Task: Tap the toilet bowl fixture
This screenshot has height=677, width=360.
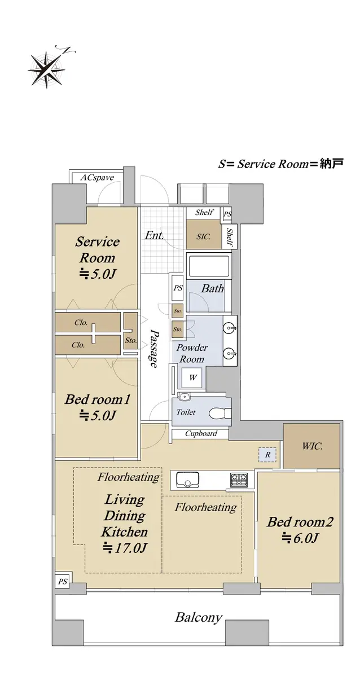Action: click(x=220, y=413)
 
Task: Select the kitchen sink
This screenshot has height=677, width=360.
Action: click(x=188, y=480)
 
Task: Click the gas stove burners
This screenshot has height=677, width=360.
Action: click(x=239, y=480)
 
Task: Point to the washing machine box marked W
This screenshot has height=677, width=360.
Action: click(x=192, y=377)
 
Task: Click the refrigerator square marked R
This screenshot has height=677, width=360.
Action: click(x=267, y=455)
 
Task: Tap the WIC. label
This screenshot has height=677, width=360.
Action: click(x=312, y=446)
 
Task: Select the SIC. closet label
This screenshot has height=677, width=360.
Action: click(x=204, y=236)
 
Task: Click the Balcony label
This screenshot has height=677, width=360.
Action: click(x=199, y=617)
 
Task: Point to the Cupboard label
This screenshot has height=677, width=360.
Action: click(x=201, y=433)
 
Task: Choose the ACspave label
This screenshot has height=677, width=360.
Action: click(x=97, y=177)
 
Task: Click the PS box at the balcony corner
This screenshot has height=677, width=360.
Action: click(x=63, y=581)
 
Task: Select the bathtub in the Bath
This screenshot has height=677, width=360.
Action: click(x=209, y=266)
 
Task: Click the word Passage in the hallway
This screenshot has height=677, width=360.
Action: click(x=154, y=348)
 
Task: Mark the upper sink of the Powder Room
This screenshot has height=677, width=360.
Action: click(x=230, y=328)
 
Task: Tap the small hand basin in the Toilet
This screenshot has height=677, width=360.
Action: click(x=183, y=396)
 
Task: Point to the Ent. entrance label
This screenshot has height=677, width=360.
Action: click(x=154, y=235)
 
